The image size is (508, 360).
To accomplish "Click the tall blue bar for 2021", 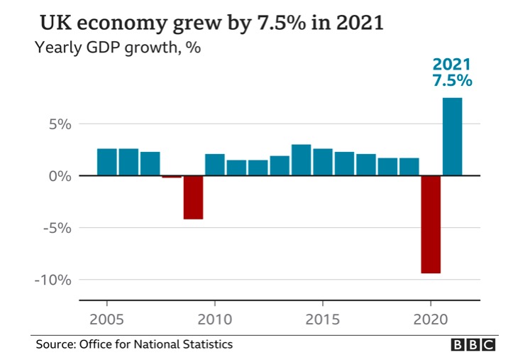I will click(452, 136).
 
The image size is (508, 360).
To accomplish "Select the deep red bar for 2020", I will click(430, 224).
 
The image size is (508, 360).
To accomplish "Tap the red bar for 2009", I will click(193, 197).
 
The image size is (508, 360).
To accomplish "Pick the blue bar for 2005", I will click(107, 162).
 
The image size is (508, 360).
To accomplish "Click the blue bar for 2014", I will click(301, 160).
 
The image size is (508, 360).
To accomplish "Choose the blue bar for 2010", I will click(215, 165).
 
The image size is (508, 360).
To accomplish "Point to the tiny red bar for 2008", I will click(172, 176).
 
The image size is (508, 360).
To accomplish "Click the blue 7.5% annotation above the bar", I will click(452, 80).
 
